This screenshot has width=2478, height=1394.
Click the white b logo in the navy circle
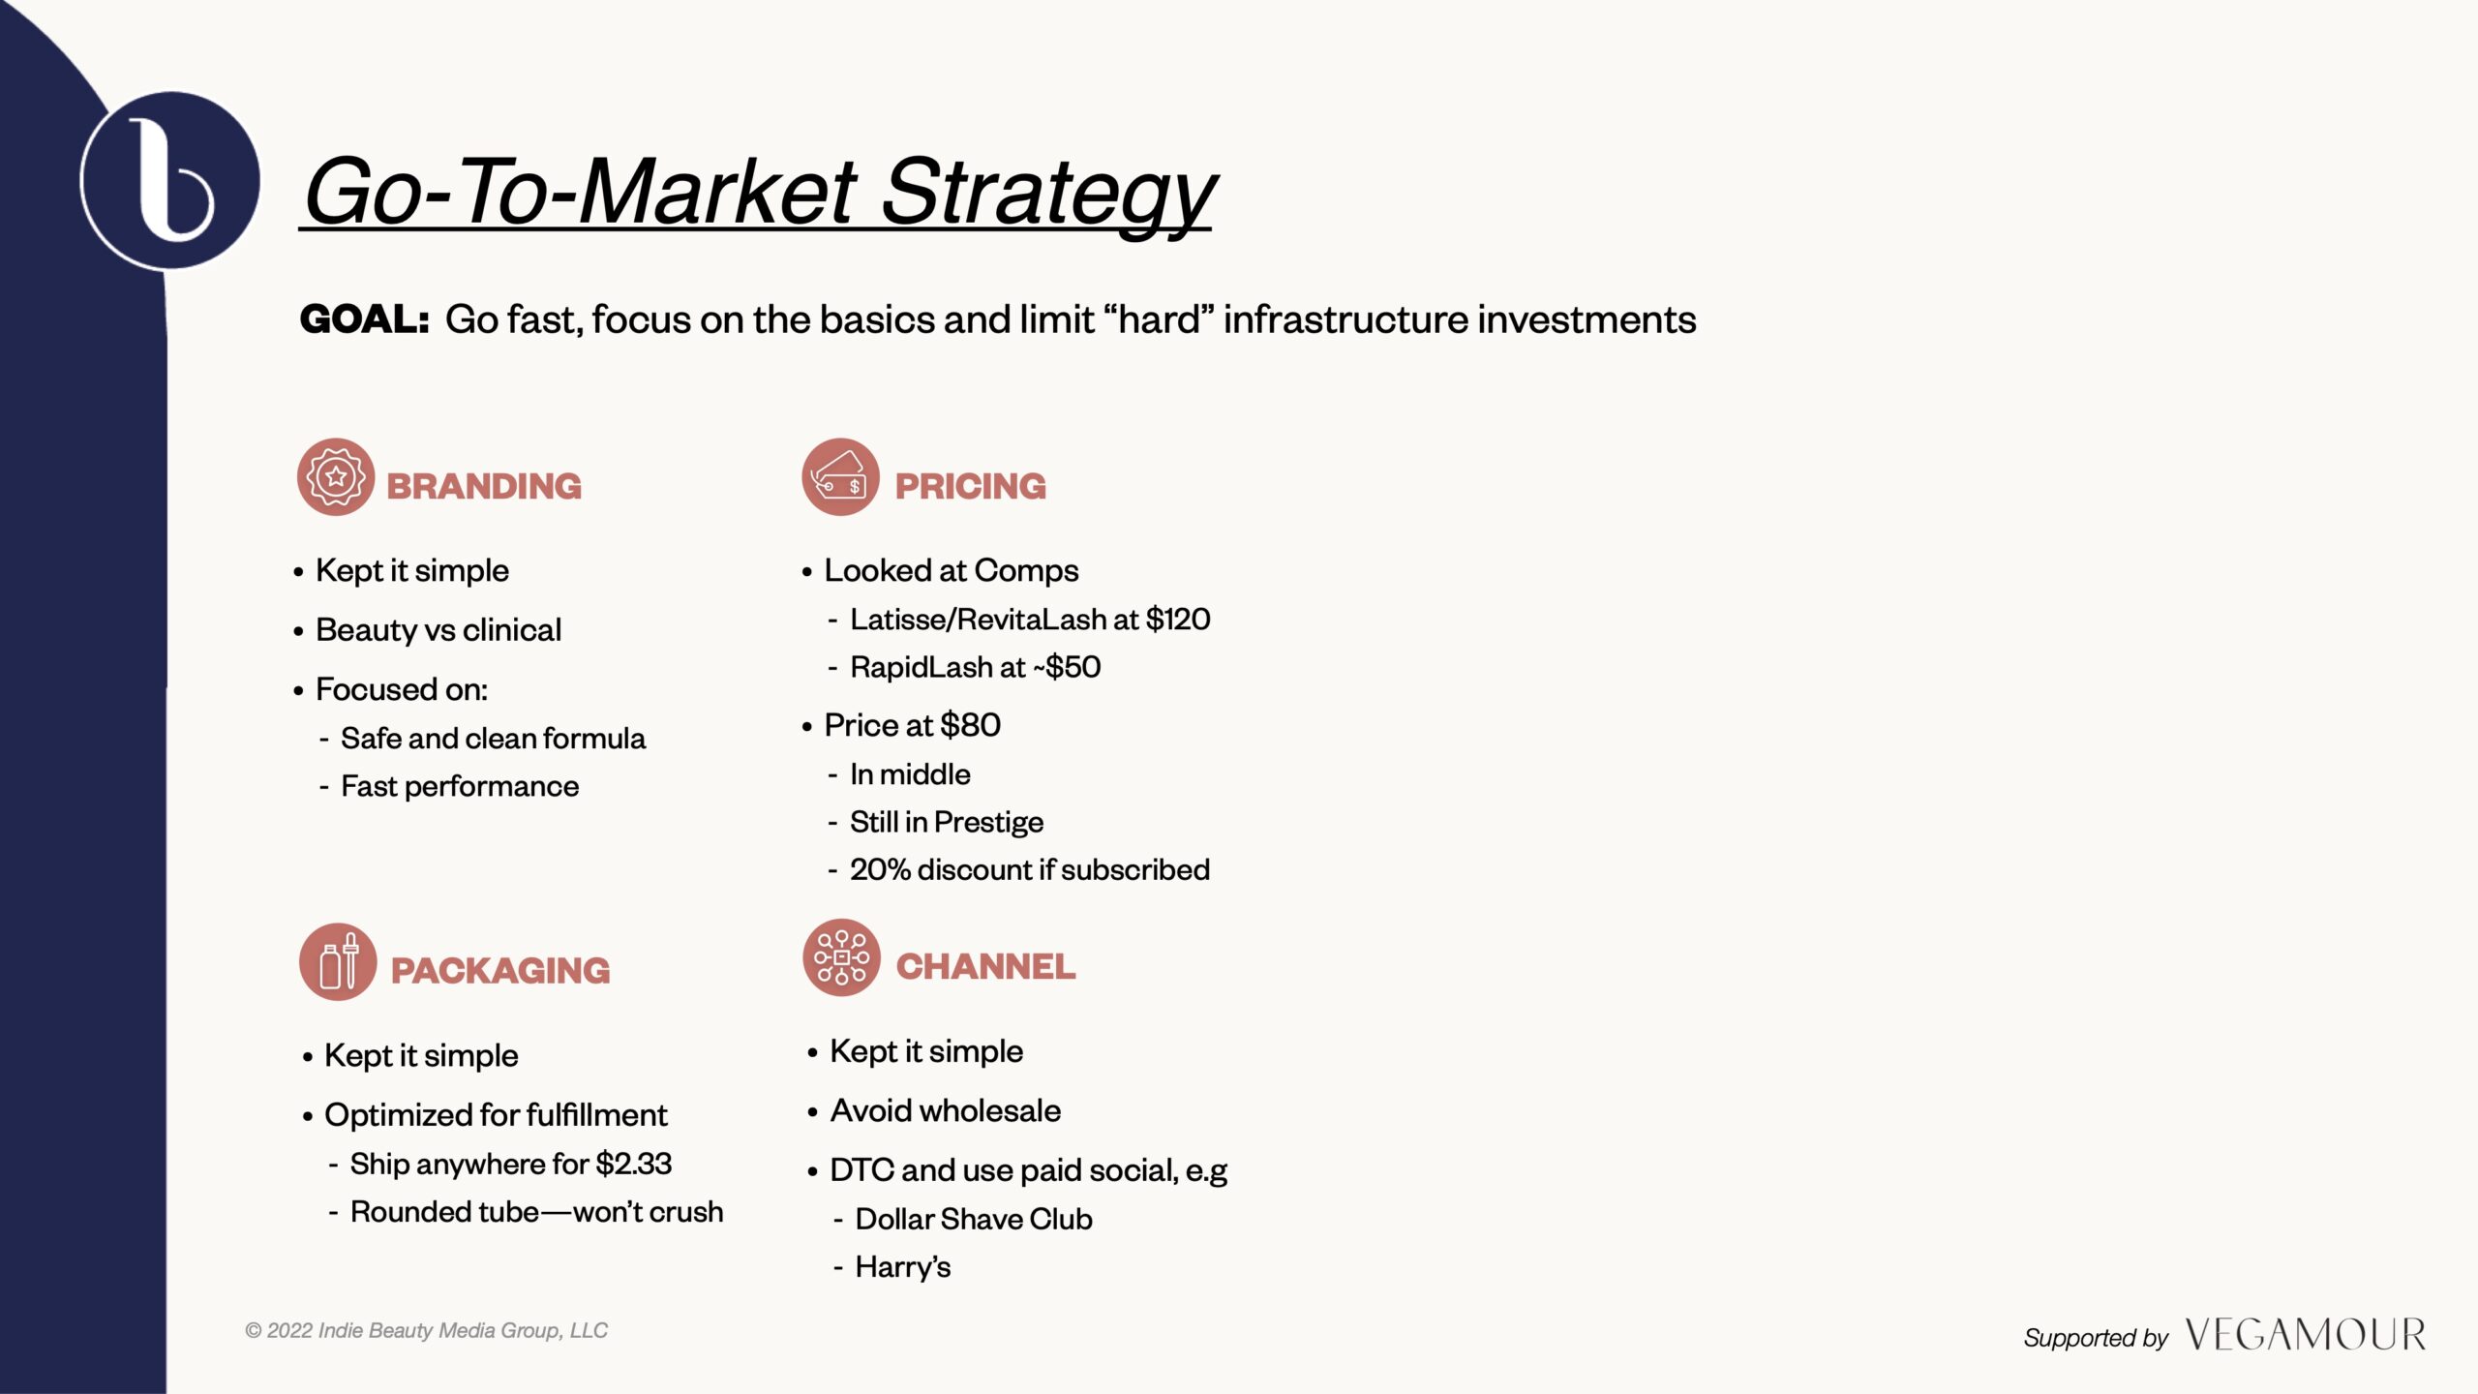[x=170, y=179]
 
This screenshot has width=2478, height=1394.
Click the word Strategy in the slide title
[x=1048, y=194]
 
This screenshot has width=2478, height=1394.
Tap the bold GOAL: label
[x=364, y=319]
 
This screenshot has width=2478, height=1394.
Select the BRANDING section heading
[x=484, y=486]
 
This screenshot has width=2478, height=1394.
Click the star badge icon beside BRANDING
[x=336, y=476]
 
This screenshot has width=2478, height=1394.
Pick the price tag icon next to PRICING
[x=840, y=476]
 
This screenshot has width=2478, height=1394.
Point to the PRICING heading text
[x=970, y=486]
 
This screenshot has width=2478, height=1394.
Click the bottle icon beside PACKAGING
[x=338, y=961]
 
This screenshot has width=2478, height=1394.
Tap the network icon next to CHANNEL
[x=841, y=957]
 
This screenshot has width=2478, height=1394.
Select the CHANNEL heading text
[x=985, y=966]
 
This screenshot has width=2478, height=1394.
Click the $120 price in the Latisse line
[x=1178, y=620]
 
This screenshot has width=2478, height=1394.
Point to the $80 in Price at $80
[x=970, y=725]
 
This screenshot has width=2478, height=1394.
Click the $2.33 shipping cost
[x=634, y=1164]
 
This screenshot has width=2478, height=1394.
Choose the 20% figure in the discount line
[x=880, y=869]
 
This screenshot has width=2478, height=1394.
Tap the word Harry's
[x=903, y=1267]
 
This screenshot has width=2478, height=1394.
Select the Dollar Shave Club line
[x=974, y=1219]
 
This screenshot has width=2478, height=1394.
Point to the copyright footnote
[x=427, y=1331]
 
